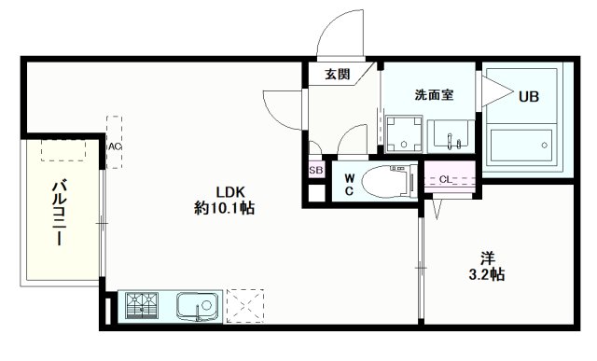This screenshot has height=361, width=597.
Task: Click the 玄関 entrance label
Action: tap(338, 74)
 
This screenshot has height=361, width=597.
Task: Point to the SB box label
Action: tap(315, 171)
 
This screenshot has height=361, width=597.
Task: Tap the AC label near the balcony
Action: tap(114, 147)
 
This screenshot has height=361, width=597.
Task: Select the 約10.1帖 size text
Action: tap(224, 208)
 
